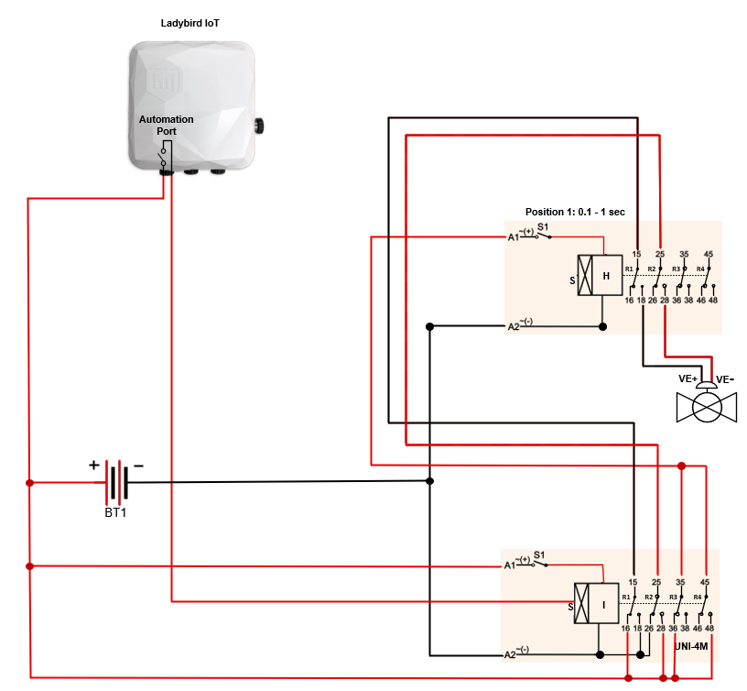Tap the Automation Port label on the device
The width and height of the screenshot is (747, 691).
click(x=166, y=126)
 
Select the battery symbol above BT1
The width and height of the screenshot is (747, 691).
click(x=116, y=482)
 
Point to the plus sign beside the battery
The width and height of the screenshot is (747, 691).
click(x=93, y=465)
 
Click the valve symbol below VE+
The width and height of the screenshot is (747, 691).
click(x=706, y=406)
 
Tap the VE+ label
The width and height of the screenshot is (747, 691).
click(x=688, y=378)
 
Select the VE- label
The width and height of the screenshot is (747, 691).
click(x=725, y=378)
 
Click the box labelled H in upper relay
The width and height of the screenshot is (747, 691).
click(x=605, y=275)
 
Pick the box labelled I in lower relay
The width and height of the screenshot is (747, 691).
click(x=604, y=604)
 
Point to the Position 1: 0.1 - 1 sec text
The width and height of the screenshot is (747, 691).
click(x=575, y=212)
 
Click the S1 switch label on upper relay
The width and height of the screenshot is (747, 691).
click(x=542, y=225)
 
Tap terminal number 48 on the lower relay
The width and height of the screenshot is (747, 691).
click(x=709, y=630)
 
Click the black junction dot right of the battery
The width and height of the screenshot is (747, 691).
click(x=429, y=481)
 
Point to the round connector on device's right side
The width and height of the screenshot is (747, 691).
click(x=259, y=123)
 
